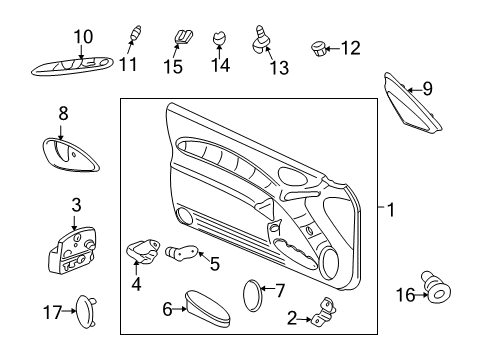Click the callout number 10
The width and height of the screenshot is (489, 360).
pos(83,37)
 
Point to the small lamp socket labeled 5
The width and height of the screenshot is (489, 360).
pos(180,253)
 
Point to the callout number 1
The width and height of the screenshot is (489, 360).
pos(392,211)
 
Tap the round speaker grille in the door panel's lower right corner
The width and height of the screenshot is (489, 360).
pos(329,265)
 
